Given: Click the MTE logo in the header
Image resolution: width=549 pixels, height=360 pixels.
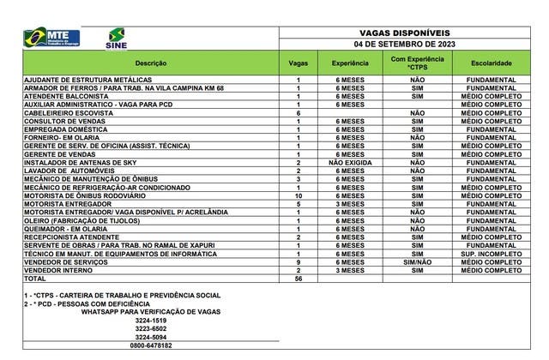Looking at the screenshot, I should (x=52, y=37).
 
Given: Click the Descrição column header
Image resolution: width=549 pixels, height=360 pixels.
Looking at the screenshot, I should (x=150, y=63).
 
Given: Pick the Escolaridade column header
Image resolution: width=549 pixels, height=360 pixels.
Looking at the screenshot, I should (x=492, y=63).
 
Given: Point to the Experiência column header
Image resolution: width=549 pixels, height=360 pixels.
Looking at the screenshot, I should (x=349, y=63).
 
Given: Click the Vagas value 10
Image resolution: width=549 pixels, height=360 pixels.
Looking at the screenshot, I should (x=298, y=196).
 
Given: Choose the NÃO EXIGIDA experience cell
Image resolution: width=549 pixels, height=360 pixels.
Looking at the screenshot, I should (x=349, y=162).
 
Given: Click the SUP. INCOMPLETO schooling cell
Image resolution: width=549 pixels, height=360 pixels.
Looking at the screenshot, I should (x=492, y=254).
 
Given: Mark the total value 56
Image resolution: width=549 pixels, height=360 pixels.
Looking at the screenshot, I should (x=298, y=279).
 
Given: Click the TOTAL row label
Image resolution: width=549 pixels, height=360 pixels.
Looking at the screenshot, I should (x=36, y=279).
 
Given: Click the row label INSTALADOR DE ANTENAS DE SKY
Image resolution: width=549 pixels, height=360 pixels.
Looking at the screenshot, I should (x=80, y=162).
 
